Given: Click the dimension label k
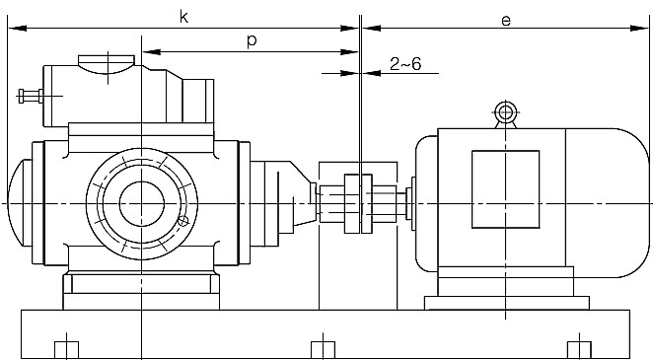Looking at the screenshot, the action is (x=183, y=17).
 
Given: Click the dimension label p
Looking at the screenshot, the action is (x=252, y=40).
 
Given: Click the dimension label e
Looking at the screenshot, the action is (x=506, y=21).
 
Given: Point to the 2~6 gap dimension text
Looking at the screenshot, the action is (x=405, y=64).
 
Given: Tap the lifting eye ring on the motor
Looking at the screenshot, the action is (x=505, y=111).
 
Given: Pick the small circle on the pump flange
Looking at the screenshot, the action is (x=183, y=221).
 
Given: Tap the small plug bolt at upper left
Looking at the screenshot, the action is (x=31, y=96).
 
